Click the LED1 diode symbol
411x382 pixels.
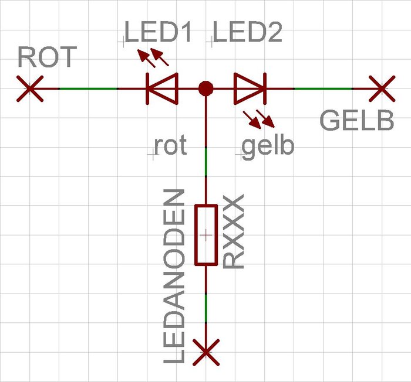tap(161, 88)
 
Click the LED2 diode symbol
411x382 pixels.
tap(250, 88)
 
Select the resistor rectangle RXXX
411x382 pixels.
tap(206, 235)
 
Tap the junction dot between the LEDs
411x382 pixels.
tap(206, 88)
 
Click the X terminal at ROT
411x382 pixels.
tap(29, 88)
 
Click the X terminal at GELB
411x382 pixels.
tap(382, 88)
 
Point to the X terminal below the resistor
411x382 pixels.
tap(206, 352)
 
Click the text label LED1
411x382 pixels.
tap(159, 33)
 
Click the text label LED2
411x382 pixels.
tap(248, 33)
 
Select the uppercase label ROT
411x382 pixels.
tap(47, 57)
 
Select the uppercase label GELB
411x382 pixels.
tap(356, 121)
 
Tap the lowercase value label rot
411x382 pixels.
tap(170, 146)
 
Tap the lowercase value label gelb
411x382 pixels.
tap(267, 146)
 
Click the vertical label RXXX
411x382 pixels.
tap(234, 233)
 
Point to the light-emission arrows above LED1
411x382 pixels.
tap(154, 57)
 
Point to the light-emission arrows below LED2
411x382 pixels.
tap(258, 119)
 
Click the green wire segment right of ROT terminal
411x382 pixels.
tap(88, 88)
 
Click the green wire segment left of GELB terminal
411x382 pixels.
tap(323, 88)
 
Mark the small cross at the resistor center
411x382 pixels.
tap(206, 235)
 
